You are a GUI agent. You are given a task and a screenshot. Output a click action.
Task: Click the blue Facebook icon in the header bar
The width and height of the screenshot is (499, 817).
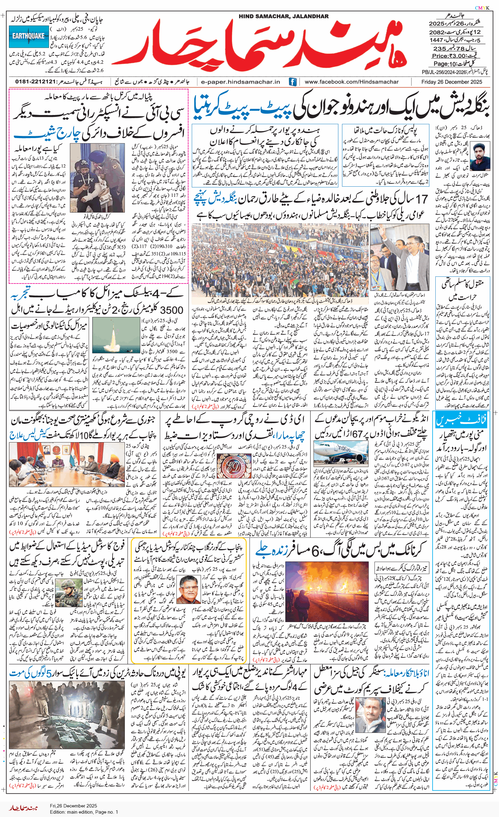(x=292, y=82)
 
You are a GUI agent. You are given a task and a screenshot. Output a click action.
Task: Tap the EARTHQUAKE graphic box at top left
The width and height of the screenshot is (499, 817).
(x=28, y=36)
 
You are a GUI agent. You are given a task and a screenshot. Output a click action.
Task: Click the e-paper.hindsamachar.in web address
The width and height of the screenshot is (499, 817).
(x=240, y=82)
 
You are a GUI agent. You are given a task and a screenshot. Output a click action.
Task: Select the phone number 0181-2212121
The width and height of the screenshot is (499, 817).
(x=35, y=81)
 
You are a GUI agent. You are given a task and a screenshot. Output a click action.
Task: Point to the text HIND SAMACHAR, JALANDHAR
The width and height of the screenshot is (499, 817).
(x=283, y=16)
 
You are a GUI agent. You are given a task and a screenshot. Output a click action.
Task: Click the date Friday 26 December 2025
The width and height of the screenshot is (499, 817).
(x=452, y=82)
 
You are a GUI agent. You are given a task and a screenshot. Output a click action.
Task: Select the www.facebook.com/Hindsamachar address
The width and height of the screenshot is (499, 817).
(x=351, y=82)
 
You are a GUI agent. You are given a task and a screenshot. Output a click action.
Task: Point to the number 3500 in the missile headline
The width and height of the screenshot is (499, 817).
(x=172, y=310)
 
